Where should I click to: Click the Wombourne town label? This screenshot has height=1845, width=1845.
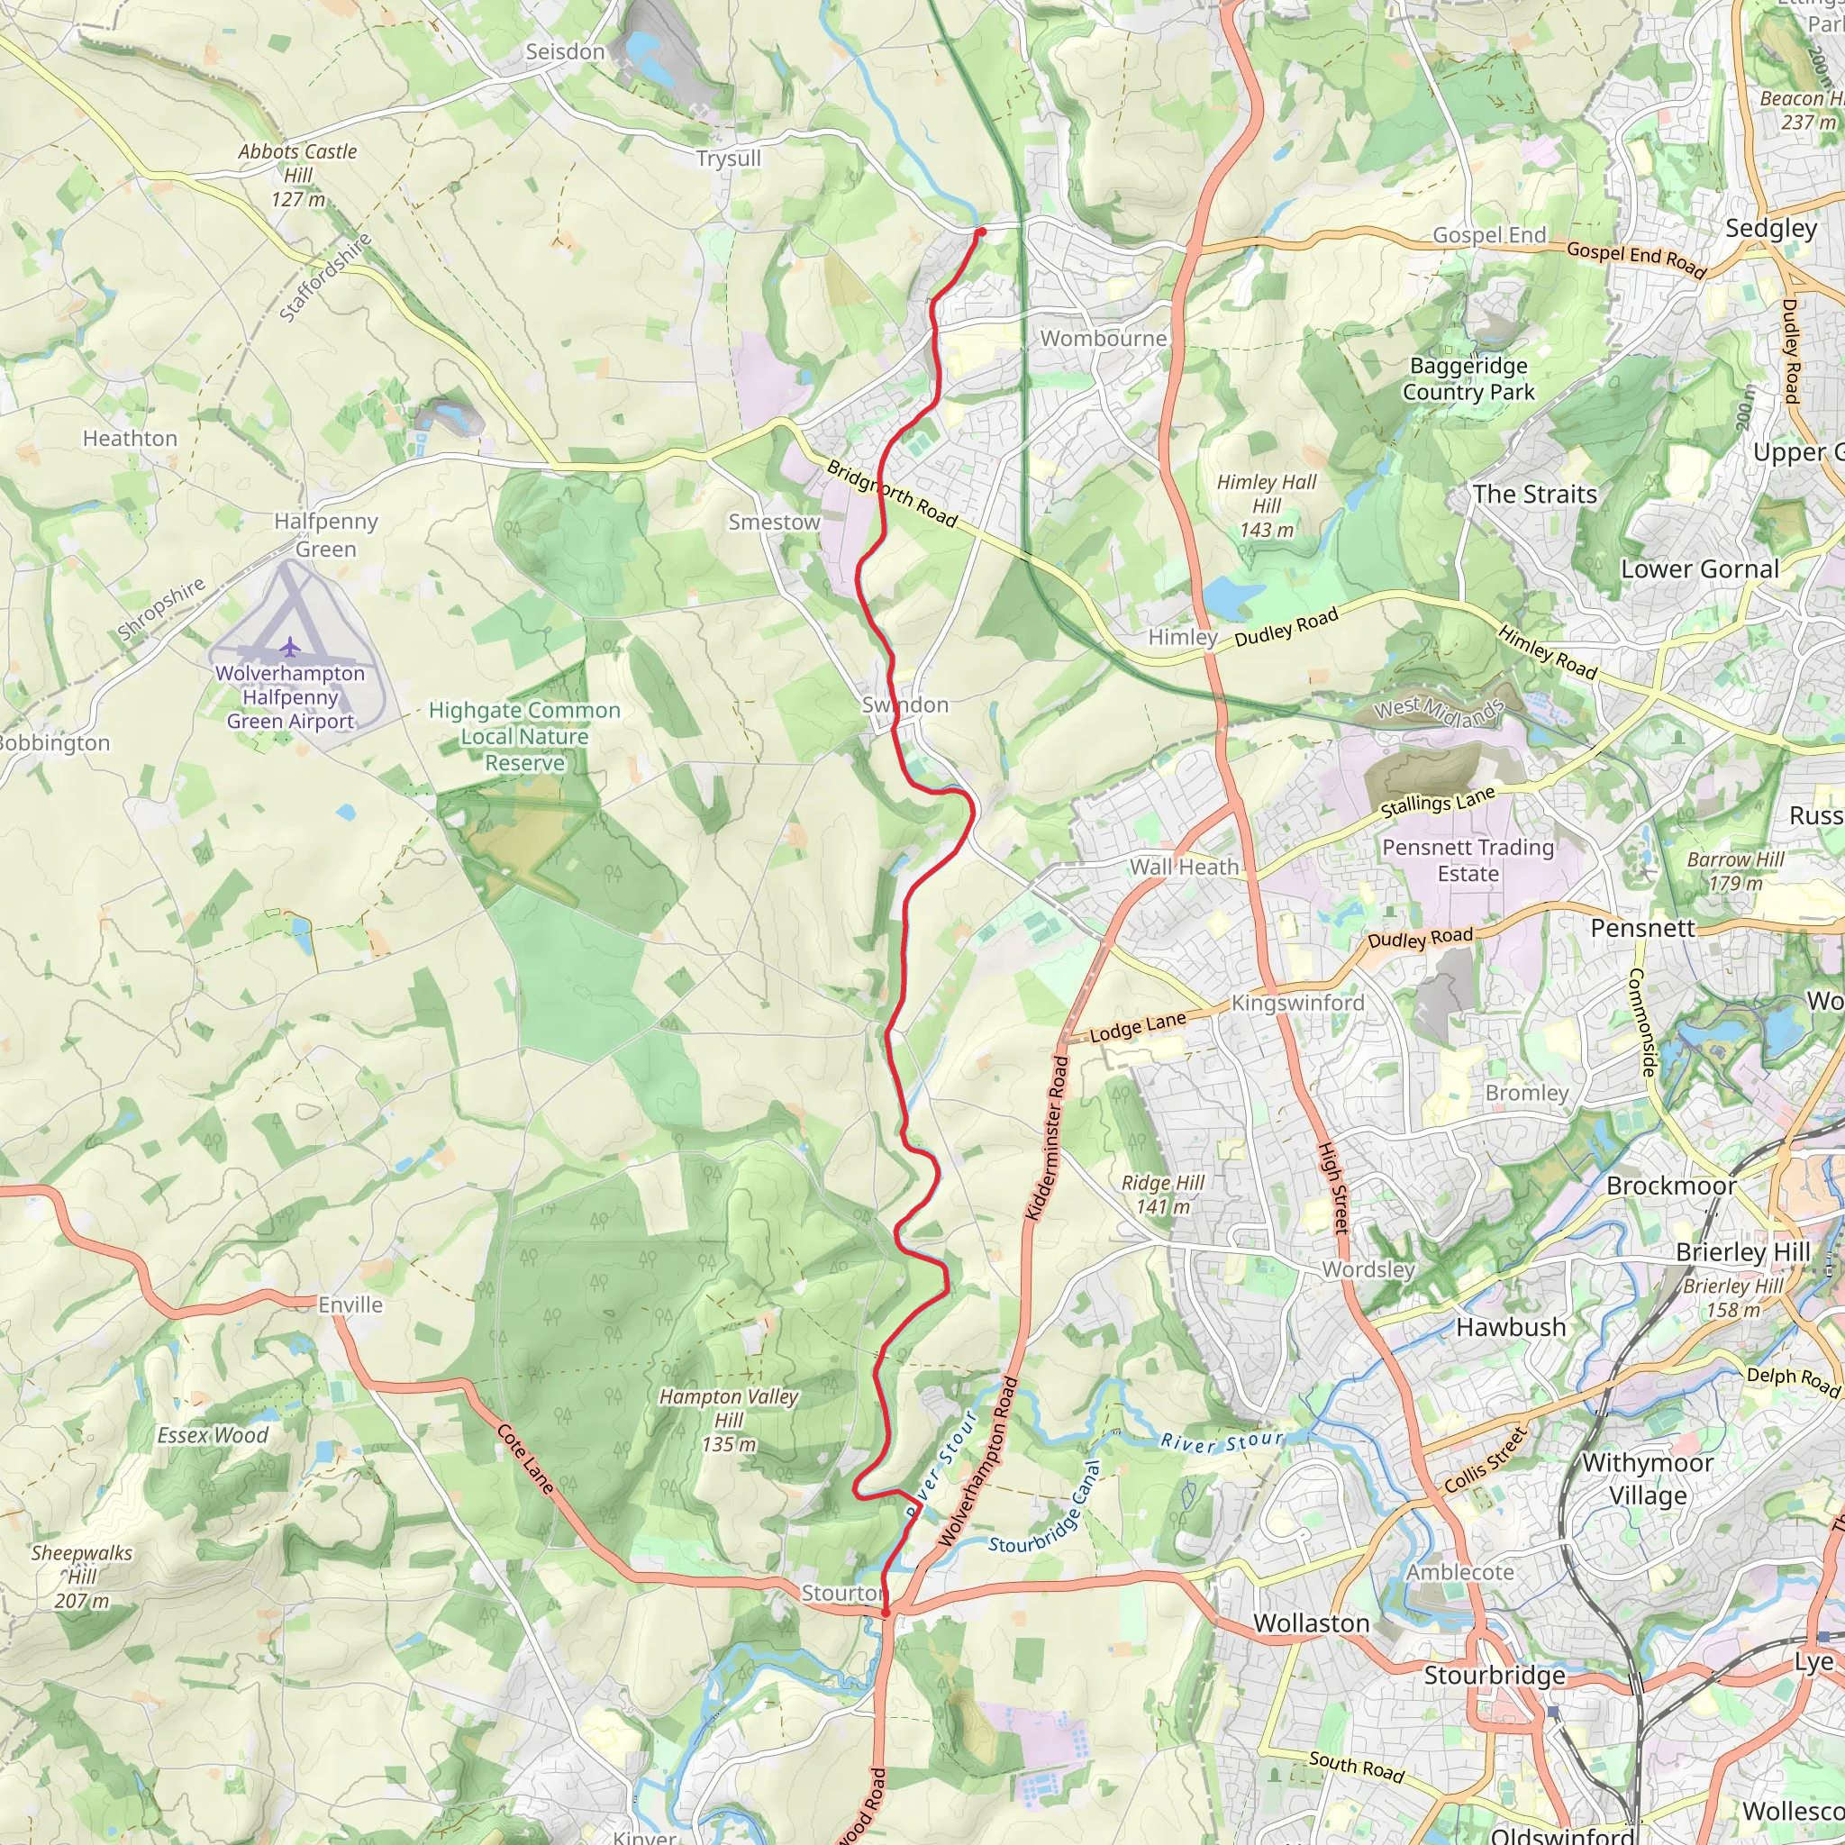(1103, 338)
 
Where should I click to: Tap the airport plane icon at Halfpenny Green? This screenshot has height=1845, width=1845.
(290, 648)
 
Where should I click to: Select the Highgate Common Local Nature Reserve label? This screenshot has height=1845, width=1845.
(524, 736)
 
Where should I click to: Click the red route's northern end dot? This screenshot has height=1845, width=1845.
(981, 232)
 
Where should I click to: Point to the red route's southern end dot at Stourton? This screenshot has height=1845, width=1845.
(886, 1613)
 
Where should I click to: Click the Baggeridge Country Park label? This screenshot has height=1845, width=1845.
(1468, 379)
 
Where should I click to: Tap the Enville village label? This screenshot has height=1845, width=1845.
(350, 1304)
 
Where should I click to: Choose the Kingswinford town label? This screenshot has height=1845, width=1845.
(1298, 1003)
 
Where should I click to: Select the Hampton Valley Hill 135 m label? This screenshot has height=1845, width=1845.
(729, 1420)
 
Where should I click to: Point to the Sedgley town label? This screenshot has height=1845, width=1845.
(1770, 228)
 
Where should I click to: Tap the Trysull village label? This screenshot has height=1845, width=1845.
(729, 159)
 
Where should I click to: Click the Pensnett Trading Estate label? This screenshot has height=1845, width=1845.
(1468, 860)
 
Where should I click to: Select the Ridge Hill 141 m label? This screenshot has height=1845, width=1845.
(1162, 1194)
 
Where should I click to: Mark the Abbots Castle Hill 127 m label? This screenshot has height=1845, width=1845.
(297, 175)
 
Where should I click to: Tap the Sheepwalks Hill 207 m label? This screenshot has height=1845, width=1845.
(81, 1577)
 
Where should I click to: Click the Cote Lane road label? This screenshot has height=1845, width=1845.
(525, 1459)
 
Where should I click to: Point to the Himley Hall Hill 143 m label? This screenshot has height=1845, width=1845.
(1267, 505)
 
